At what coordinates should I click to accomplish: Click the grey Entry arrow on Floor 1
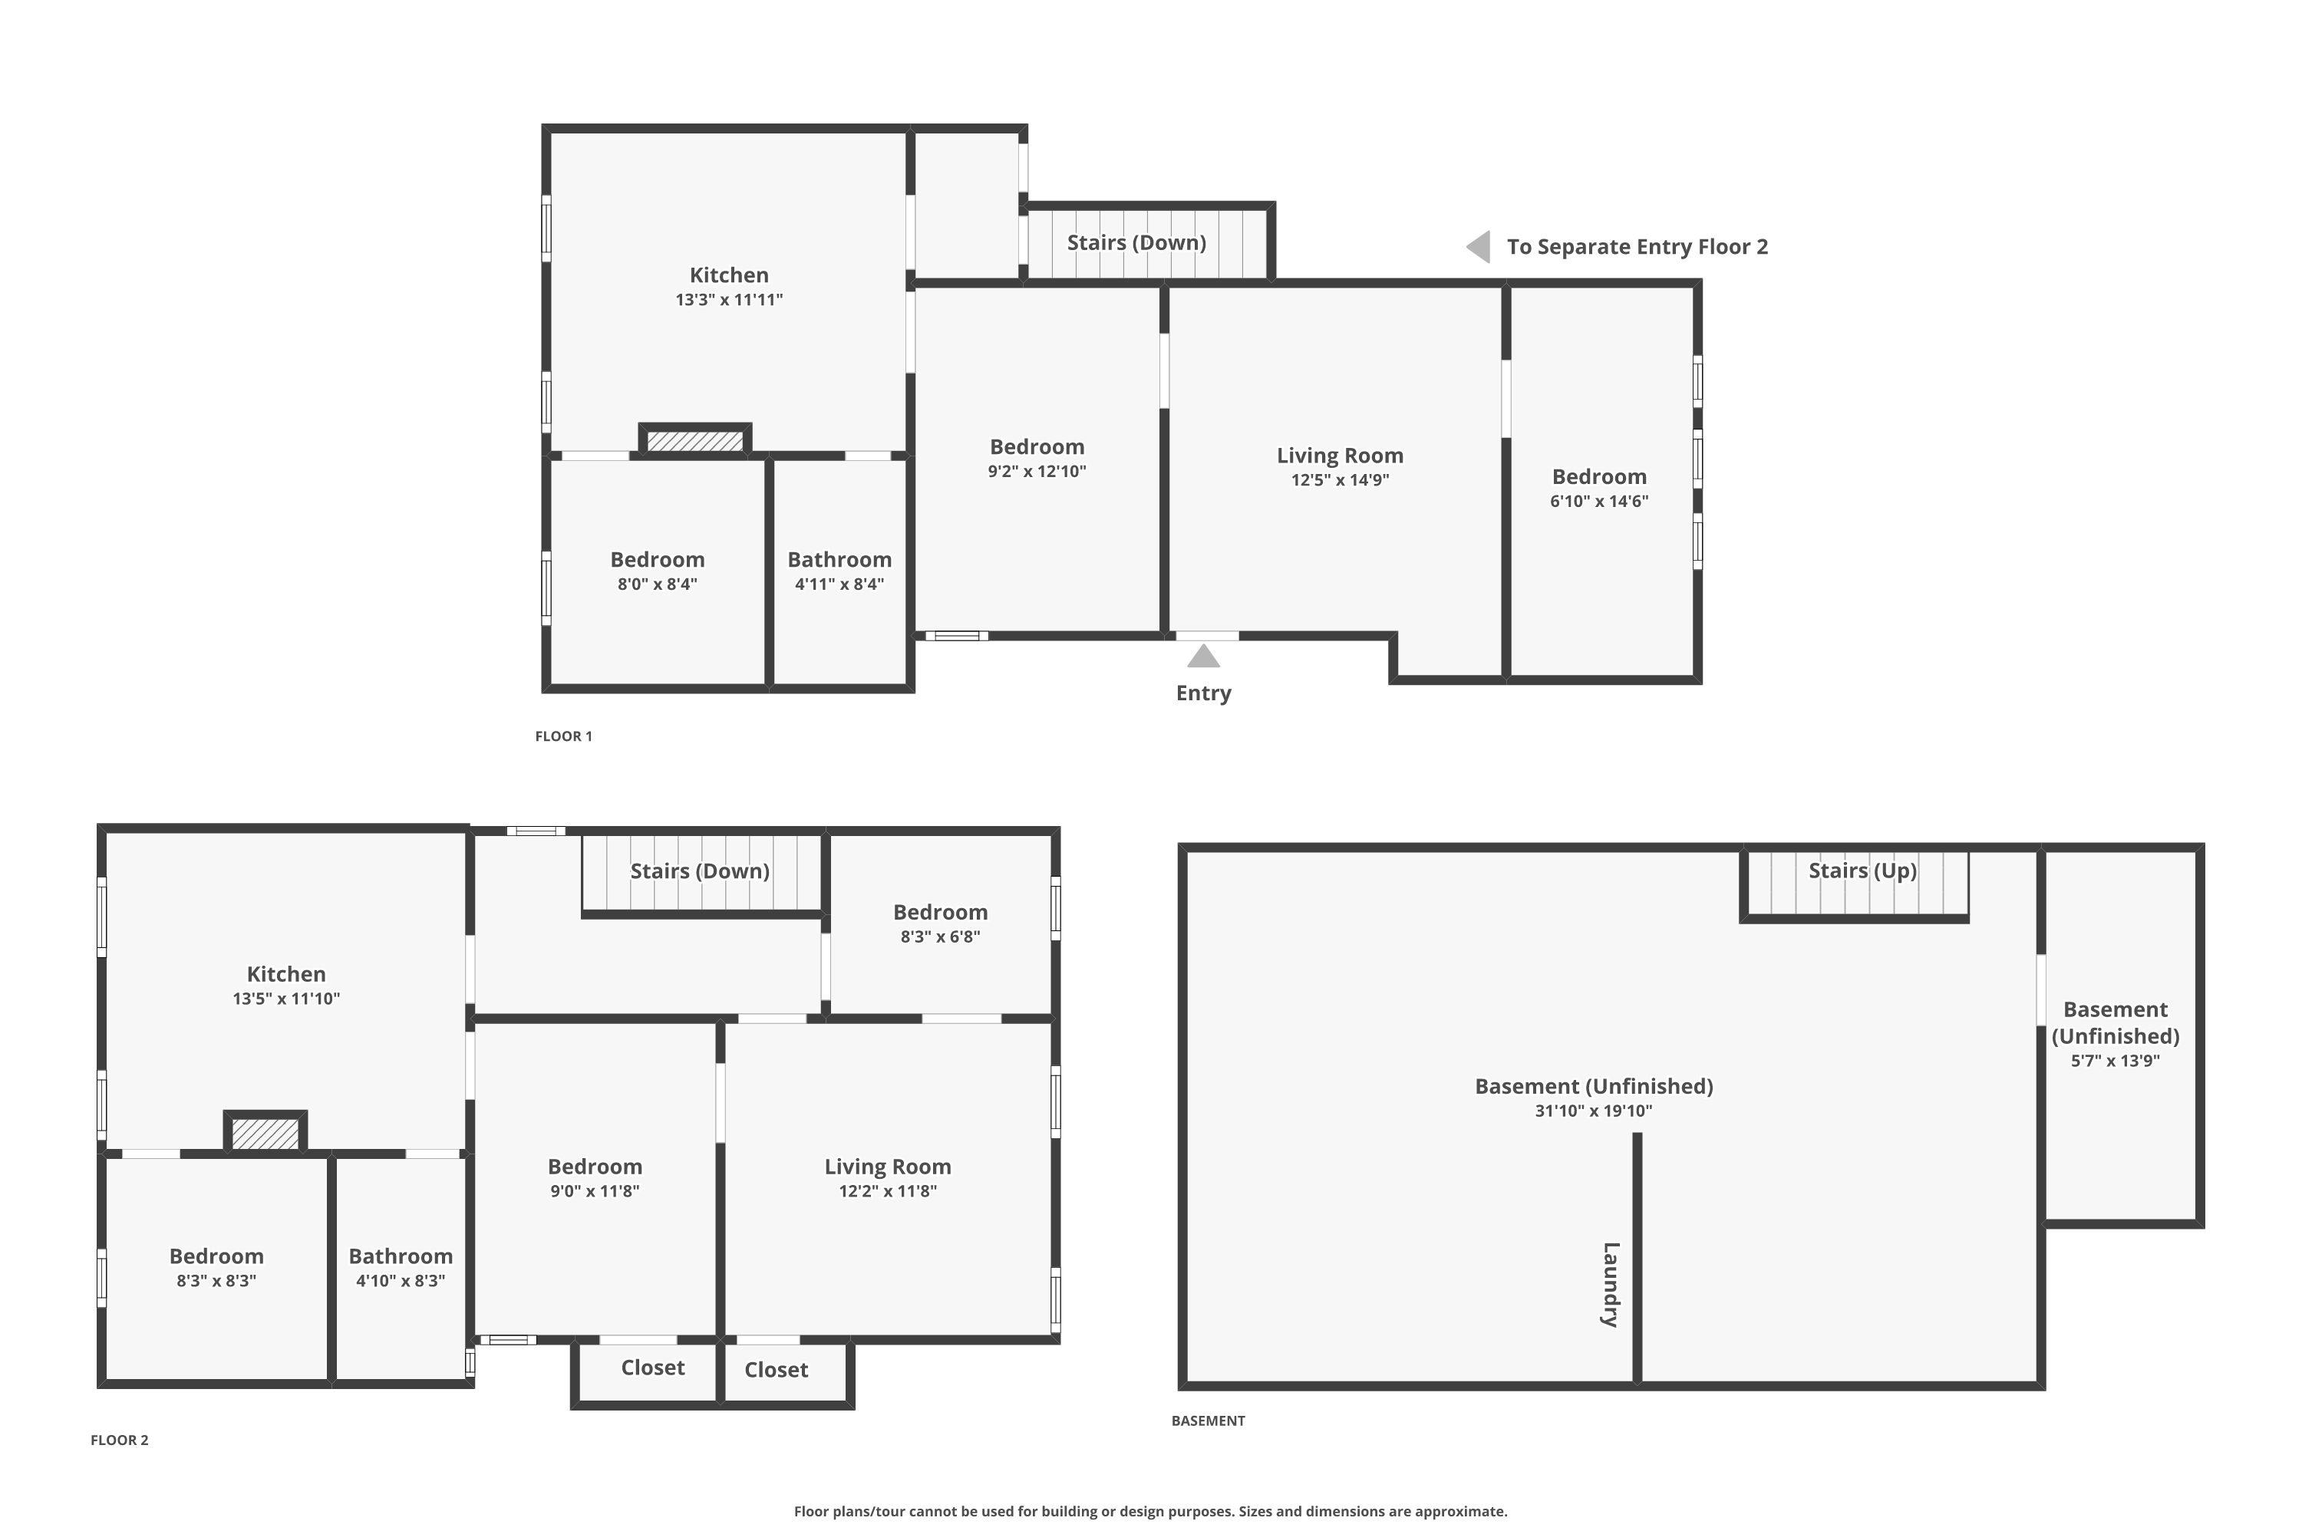point(1203,656)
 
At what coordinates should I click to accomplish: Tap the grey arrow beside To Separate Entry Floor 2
point(1478,246)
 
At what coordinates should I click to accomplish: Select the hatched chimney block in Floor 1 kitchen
point(695,441)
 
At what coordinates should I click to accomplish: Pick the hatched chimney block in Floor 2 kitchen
point(265,1134)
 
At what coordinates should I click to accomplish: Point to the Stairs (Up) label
point(1862,871)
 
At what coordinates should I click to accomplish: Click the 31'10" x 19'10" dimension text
point(1594,1111)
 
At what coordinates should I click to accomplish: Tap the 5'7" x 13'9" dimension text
point(2115,1061)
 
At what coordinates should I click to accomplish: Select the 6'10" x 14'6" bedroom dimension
point(1599,501)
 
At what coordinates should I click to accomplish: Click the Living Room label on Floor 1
point(1340,455)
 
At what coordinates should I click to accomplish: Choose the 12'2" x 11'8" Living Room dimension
point(888,1190)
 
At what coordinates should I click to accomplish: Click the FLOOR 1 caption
point(564,736)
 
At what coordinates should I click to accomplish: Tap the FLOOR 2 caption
point(120,1440)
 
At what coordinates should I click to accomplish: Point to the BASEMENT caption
point(1208,1420)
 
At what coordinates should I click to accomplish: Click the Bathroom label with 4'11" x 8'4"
point(839,560)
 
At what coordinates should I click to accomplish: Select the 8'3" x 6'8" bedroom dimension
point(941,937)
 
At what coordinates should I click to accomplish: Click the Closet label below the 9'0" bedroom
point(653,1367)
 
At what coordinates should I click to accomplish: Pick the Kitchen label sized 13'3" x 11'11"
point(729,275)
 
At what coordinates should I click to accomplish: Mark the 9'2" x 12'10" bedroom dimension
point(1037,471)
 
